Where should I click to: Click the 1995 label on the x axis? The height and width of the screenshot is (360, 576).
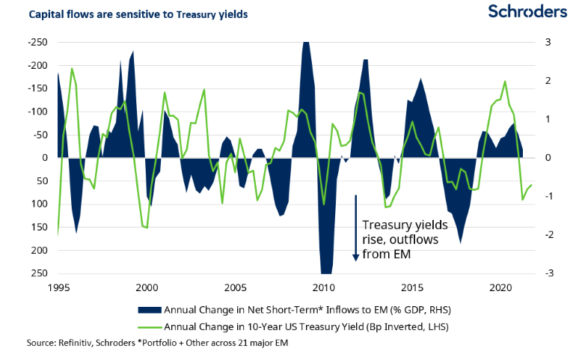pos(58,287)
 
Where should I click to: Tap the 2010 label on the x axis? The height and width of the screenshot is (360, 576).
pos(324,287)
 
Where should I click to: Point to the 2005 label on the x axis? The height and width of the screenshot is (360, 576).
pos(236,287)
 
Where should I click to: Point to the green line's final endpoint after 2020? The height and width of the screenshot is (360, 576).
pos(531,184)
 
